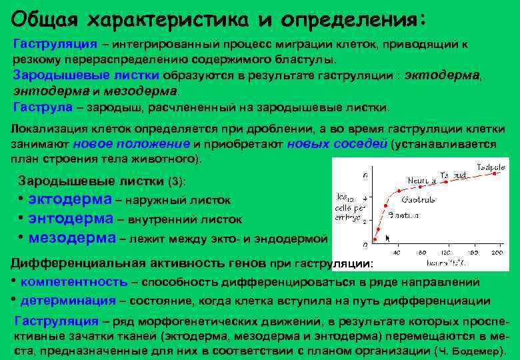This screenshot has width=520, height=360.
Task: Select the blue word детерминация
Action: (x=68, y=301)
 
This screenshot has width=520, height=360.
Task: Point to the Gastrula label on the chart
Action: (x=418, y=199)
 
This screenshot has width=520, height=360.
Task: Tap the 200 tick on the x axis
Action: (x=497, y=253)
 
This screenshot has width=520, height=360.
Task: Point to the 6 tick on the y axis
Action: (x=364, y=175)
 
